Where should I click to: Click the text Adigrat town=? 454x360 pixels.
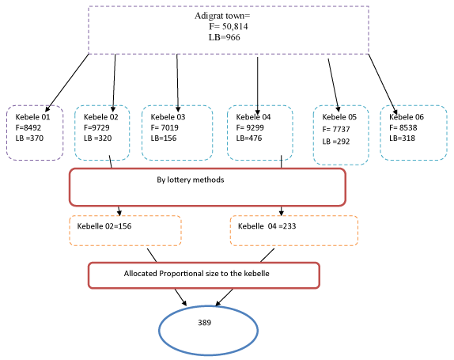(x=222, y=16)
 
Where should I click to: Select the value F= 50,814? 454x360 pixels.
(x=229, y=26)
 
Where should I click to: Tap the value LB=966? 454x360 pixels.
(x=225, y=37)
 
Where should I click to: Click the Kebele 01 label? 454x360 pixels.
(x=32, y=117)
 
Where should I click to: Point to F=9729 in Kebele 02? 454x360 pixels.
(x=96, y=127)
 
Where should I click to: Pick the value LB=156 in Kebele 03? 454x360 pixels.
(x=164, y=138)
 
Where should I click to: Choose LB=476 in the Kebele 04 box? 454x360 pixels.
(x=249, y=138)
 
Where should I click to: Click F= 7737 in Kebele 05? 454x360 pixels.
(x=336, y=129)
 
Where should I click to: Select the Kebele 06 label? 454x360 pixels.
(x=407, y=117)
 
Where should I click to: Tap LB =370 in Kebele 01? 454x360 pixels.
(x=29, y=138)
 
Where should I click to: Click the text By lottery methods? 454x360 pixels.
(x=191, y=180)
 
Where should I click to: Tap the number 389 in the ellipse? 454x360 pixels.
(x=205, y=323)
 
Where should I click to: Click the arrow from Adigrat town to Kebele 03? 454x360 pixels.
(x=177, y=83)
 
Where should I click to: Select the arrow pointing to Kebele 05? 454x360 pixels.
(x=334, y=85)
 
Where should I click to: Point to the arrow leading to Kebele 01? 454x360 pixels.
(x=67, y=83)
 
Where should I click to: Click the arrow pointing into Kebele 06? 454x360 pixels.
(x=383, y=85)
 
